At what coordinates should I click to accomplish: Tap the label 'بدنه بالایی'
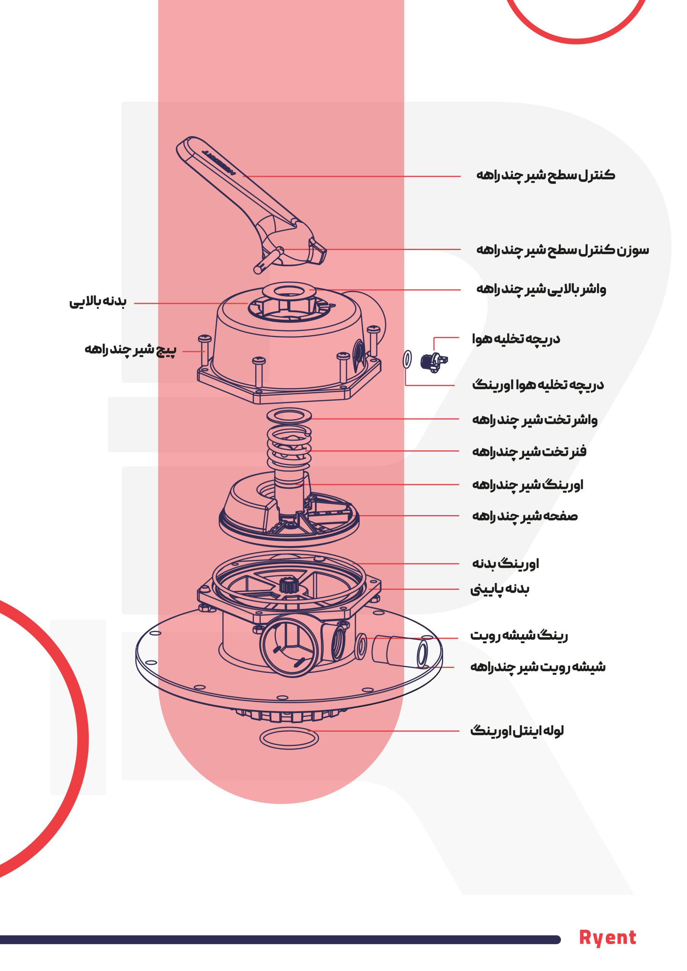point(98,302)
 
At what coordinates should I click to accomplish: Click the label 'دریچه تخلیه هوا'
point(516,339)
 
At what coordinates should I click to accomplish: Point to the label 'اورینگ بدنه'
point(506,563)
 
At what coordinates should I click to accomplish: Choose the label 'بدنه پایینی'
point(500,589)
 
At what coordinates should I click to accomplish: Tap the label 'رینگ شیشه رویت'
point(519,635)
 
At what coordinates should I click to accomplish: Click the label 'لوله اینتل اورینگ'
point(517,731)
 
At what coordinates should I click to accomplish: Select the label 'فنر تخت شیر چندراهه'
point(529,451)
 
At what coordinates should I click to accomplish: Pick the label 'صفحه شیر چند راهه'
point(525,516)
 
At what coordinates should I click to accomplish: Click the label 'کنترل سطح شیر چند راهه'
point(546,175)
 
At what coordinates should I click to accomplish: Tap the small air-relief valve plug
point(434,362)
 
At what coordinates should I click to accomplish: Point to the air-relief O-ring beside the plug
point(407,360)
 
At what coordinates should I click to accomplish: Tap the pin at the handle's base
point(268,262)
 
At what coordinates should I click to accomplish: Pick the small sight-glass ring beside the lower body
point(361,646)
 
